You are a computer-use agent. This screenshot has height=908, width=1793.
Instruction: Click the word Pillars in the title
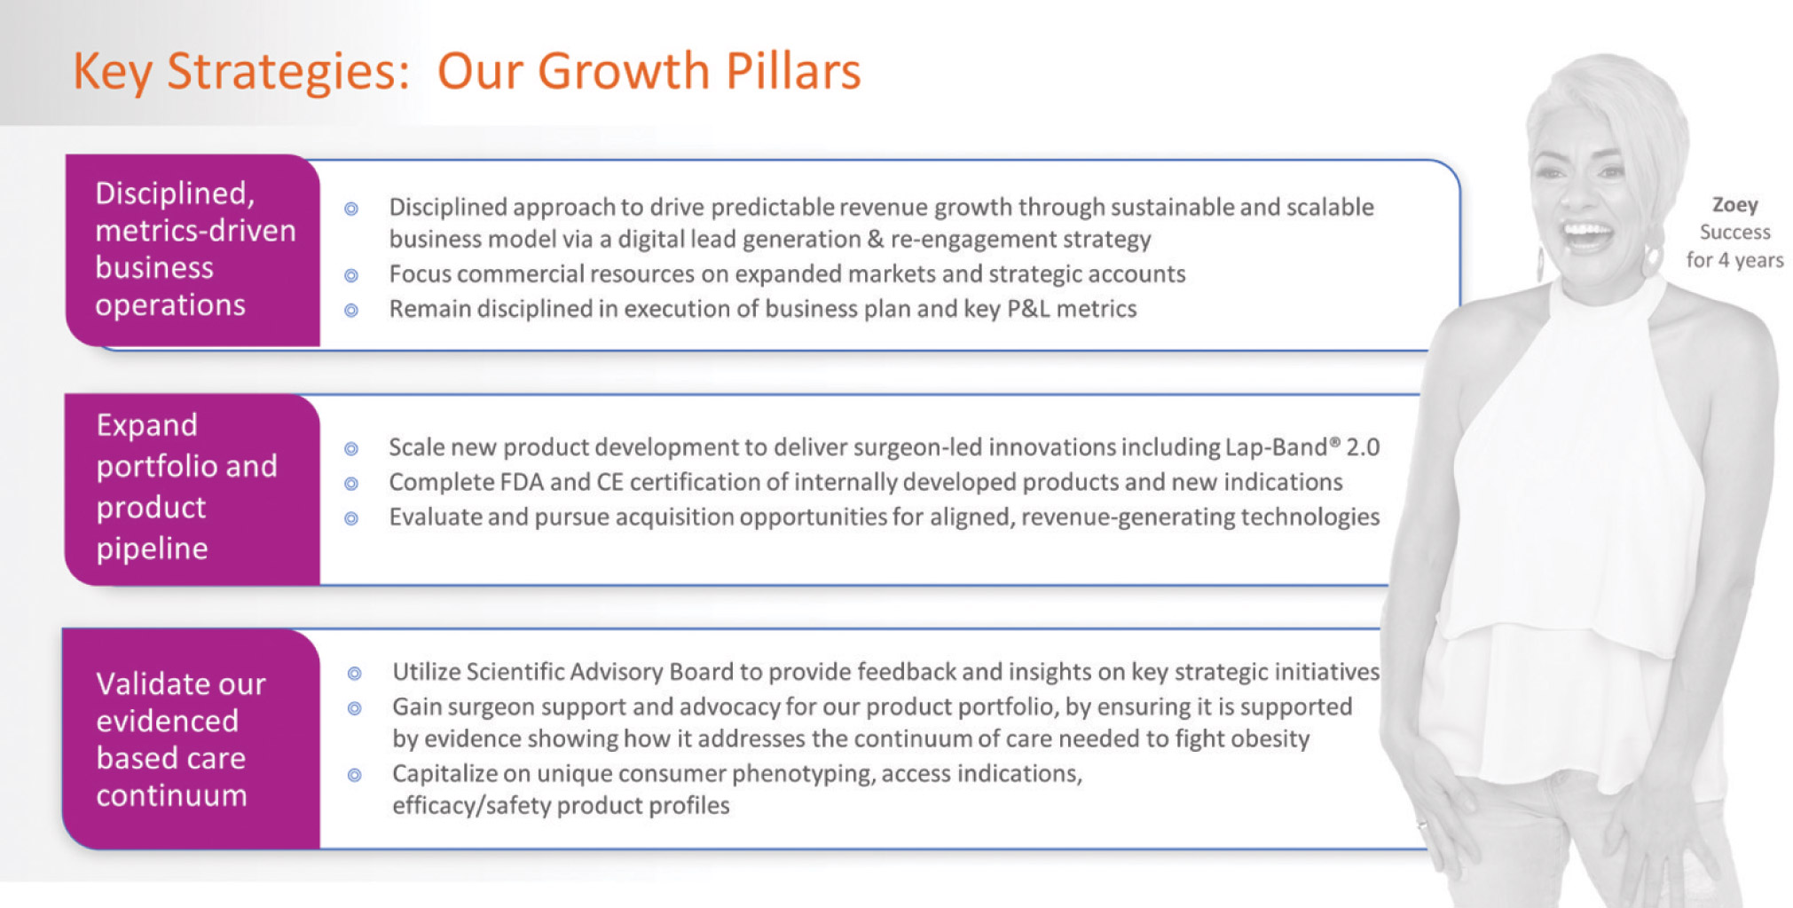[x=793, y=71]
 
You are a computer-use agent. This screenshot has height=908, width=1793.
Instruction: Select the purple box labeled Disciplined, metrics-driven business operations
[x=193, y=250]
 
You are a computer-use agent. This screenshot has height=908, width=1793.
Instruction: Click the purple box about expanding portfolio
[x=193, y=489]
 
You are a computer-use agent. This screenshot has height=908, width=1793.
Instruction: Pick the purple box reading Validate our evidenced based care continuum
[x=191, y=738]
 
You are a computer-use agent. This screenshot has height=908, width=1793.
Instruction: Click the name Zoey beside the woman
[x=1734, y=205]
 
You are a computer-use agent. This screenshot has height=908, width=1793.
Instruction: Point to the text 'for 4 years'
[x=1734, y=260]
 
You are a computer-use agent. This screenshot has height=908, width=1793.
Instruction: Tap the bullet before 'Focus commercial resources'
[x=351, y=275]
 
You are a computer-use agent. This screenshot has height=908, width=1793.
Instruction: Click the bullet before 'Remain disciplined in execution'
[x=351, y=310]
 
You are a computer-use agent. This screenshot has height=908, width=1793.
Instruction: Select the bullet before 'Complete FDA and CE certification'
[x=351, y=484]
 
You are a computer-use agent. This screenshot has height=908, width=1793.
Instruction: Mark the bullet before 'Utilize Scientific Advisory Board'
[x=355, y=674]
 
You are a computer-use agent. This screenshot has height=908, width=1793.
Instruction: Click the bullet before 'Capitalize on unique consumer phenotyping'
[x=355, y=775]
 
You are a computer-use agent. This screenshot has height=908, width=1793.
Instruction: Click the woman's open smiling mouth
[x=1588, y=237]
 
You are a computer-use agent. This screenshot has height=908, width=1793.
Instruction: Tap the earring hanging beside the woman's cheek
[x=1651, y=257]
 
